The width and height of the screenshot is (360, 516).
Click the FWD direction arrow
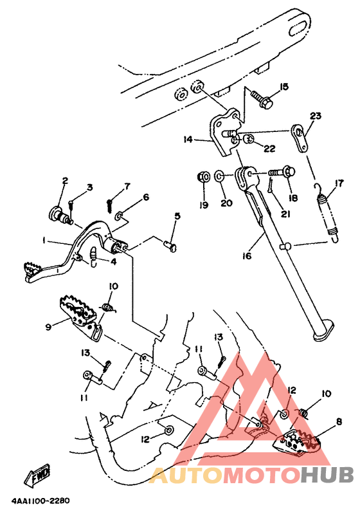click(x=37, y=476)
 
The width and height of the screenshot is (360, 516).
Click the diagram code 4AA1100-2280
click(x=40, y=501)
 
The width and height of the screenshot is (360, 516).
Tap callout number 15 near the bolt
click(x=283, y=87)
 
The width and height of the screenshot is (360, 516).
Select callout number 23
click(x=316, y=116)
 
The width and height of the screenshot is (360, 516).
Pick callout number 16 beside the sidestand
click(x=247, y=255)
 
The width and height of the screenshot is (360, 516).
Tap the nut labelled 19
click(x=204, y=177)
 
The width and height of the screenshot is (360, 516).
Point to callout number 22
click(x=269, y=149)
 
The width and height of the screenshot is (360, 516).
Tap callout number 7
click(x=127, y=187)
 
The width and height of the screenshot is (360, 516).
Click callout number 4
click(x=113, y=263)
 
